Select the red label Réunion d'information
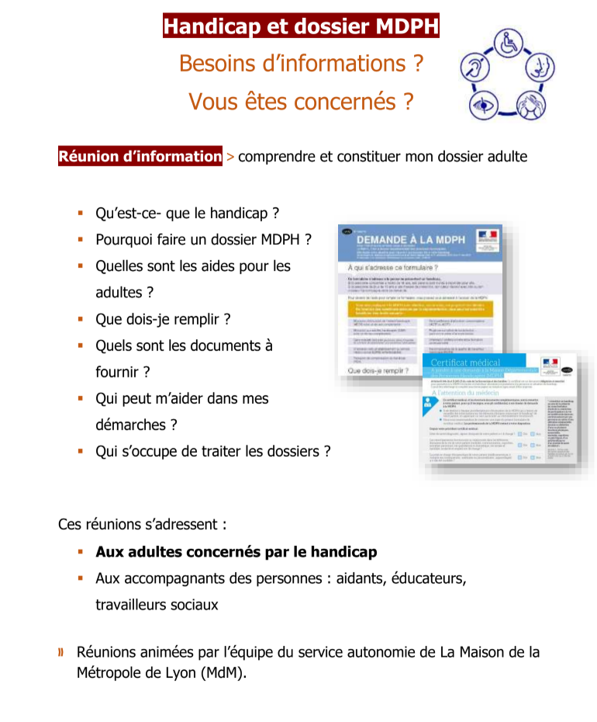pos(140,156)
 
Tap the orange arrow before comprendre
pos(229,157)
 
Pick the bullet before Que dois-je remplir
pos(80,318)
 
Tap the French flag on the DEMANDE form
pos(487,235)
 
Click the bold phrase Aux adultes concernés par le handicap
pos(236,552)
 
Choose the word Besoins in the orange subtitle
pos(218,64)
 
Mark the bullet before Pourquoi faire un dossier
pos(80,239)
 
